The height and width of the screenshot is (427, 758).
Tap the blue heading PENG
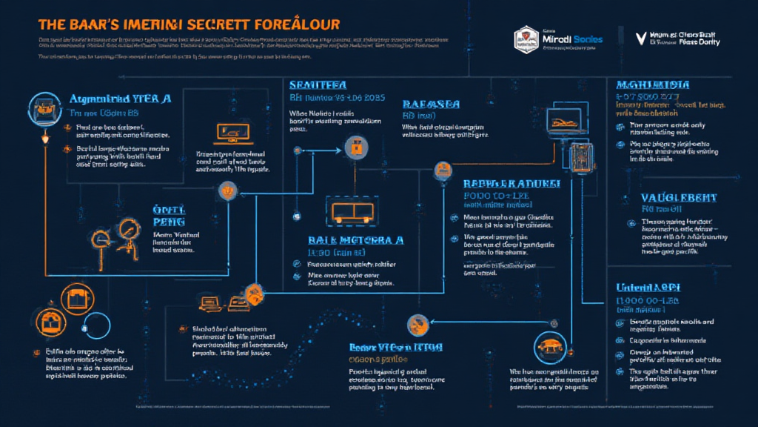(x=169, y=220)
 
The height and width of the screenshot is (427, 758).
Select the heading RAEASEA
(x=431, y=105)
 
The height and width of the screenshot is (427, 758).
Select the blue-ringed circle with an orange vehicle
(x=549, y=347)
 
